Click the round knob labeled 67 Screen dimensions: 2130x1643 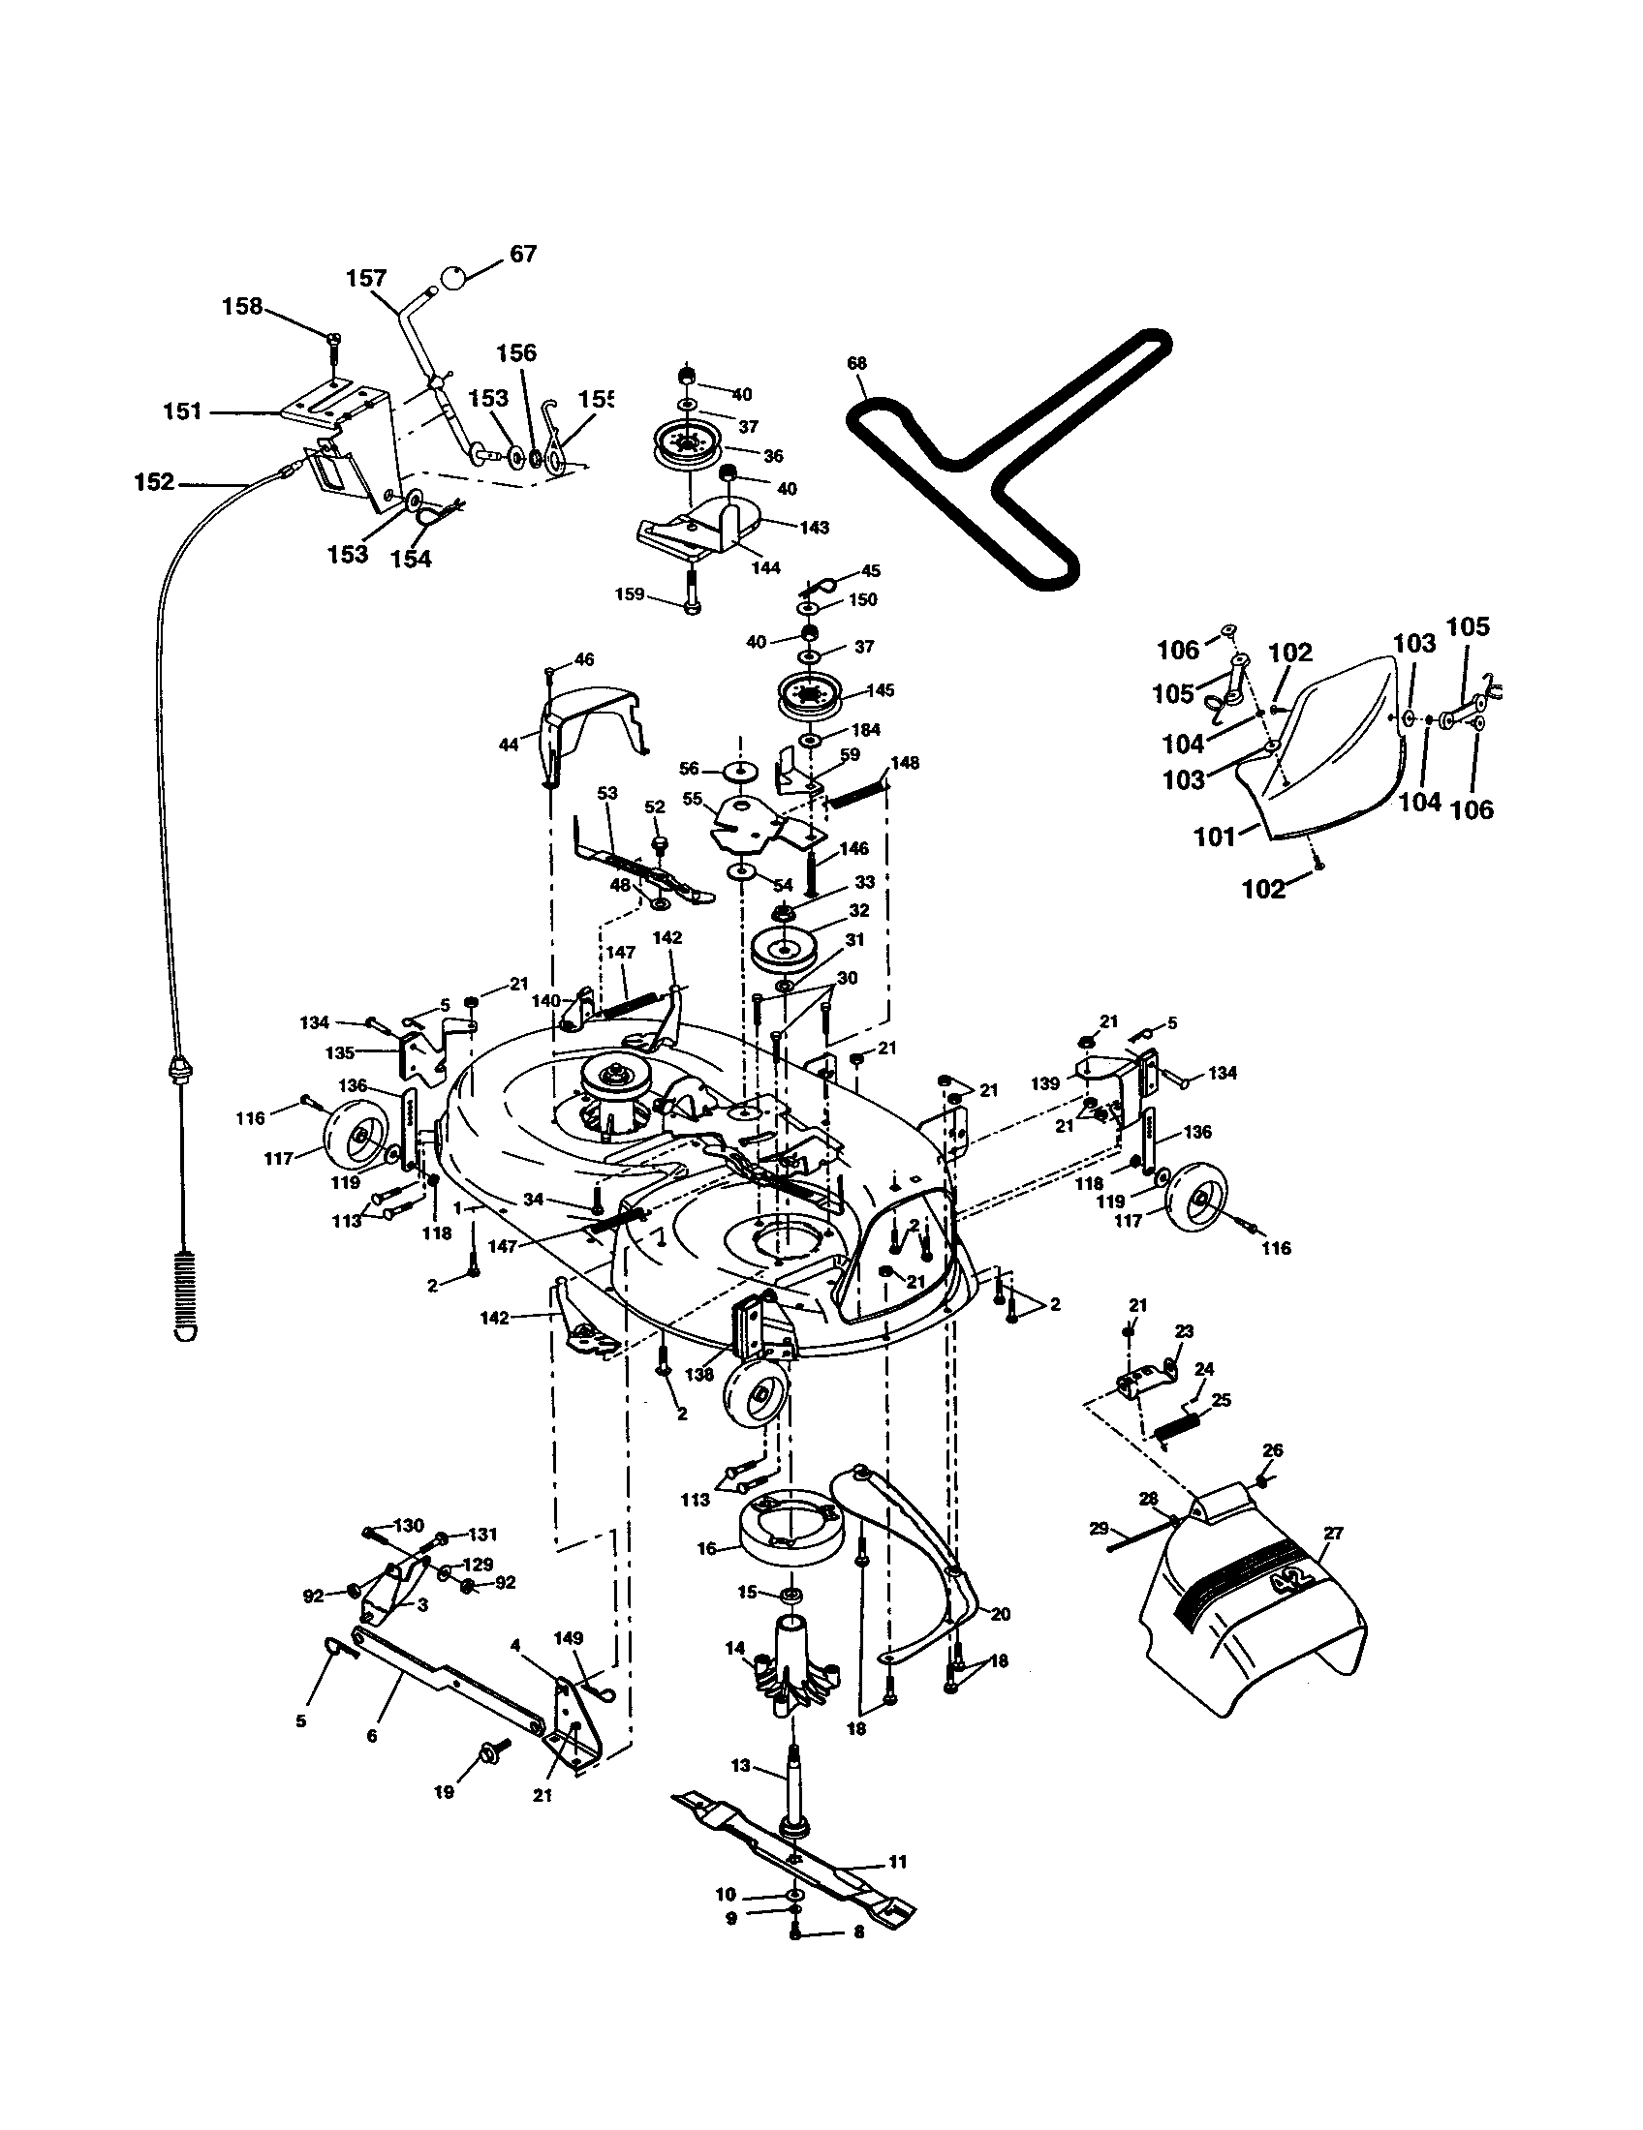tap(454, 276)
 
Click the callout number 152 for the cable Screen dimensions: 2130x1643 tap(154, 483)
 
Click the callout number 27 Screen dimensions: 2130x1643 tap(1333, 1534)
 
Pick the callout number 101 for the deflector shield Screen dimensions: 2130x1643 tap(1215, 837)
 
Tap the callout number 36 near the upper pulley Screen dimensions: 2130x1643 tap(773, 455)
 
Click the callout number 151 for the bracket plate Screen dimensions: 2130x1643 tap(182, 411)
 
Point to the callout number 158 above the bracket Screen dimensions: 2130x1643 tap(242, 306)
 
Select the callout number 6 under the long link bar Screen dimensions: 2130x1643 tap(372, 1737)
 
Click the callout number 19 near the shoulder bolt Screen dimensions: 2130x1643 tap(444, 1792)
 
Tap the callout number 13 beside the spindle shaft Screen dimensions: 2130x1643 tap(741, 1766)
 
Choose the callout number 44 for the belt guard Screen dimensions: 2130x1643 tap(508, 745)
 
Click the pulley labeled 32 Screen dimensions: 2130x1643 tap(785, 947)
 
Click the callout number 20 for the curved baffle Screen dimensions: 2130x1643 tap(1000, 1615)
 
